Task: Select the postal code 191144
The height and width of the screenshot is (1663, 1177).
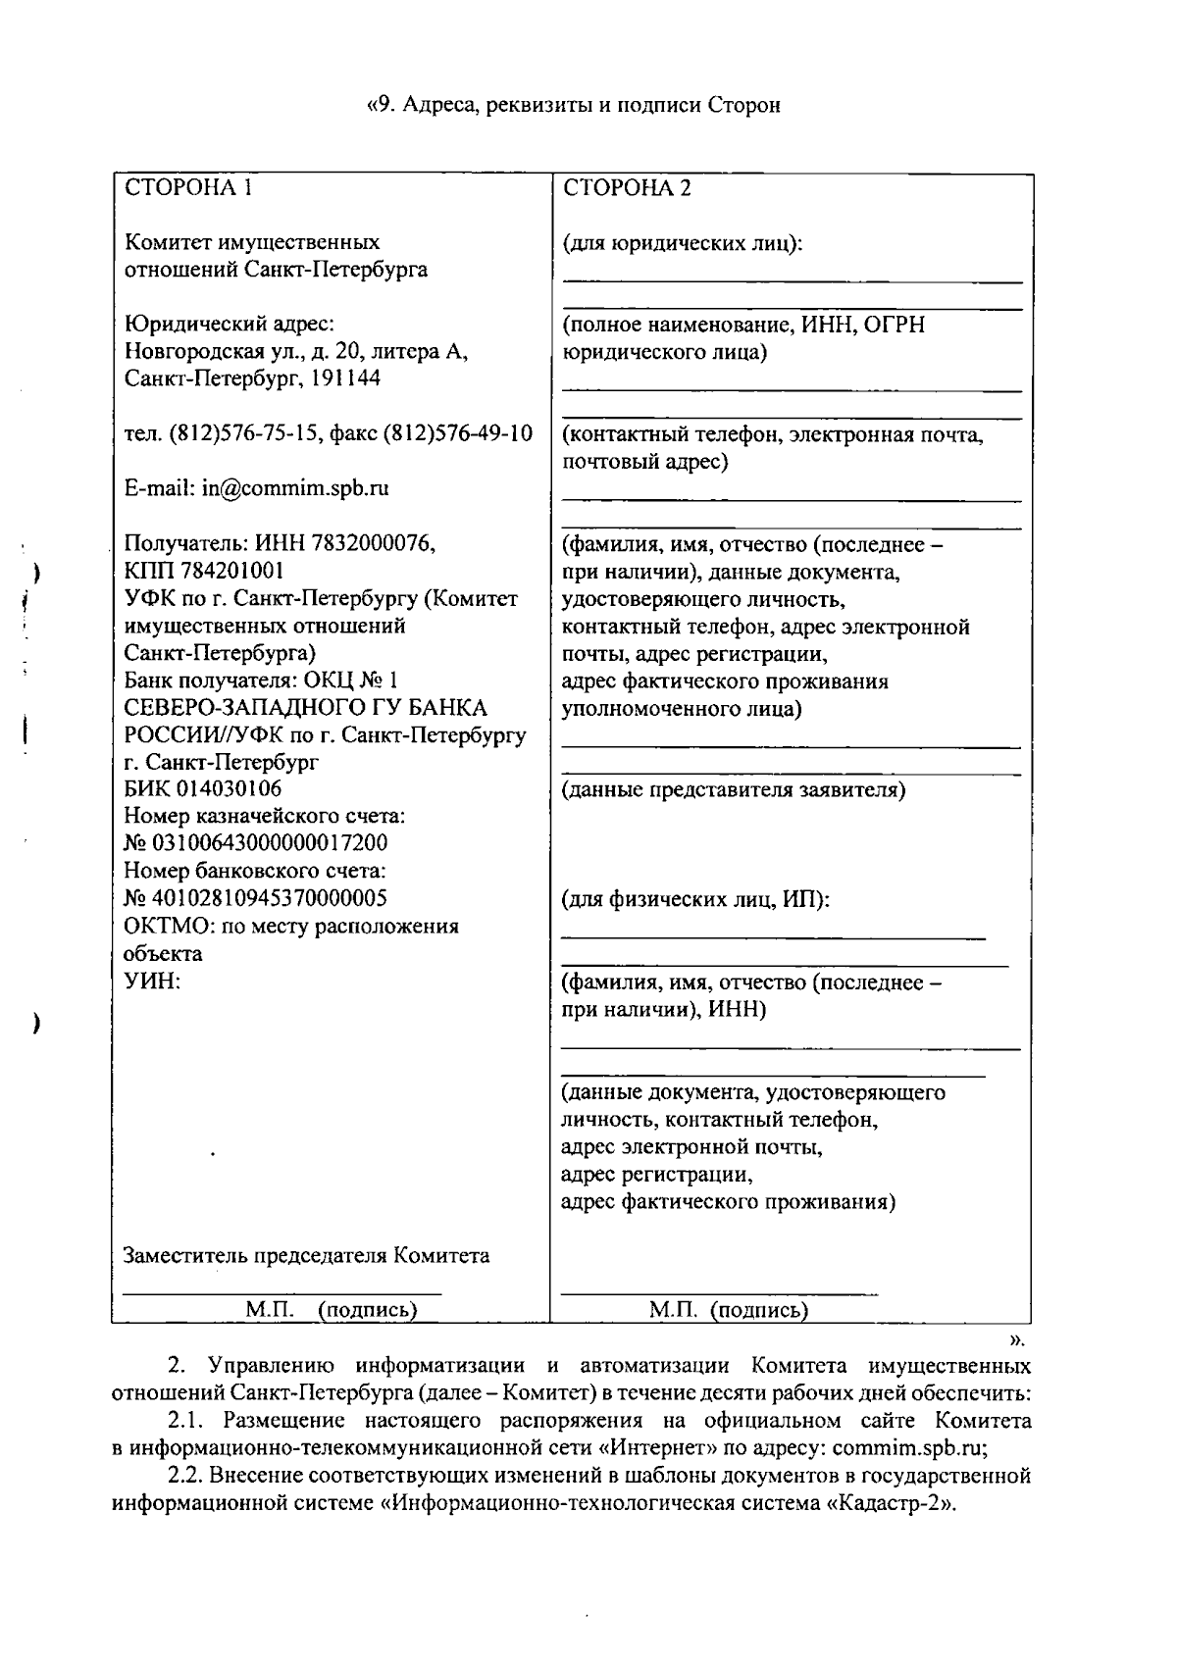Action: click(345, 378)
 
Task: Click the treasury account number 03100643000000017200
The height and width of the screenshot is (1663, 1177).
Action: click(267, 843)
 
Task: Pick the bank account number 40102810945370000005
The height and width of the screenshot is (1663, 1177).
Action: click(267, 898)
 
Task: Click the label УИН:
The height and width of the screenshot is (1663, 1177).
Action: click(152, 982)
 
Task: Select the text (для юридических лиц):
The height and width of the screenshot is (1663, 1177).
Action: click(683, 243)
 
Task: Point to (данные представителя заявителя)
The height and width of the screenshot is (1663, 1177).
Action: click(733, 789)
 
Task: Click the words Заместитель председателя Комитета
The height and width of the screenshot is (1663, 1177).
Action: click(306, 1256)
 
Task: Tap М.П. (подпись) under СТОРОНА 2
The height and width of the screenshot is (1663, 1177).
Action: click(729, 1310)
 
